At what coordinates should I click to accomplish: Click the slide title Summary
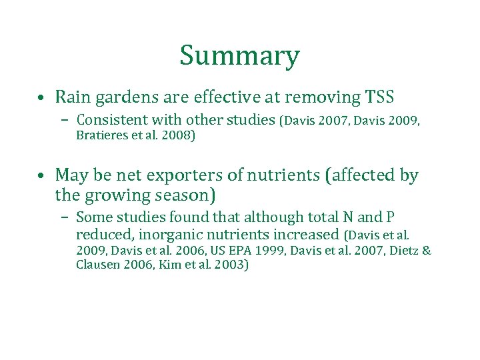239,56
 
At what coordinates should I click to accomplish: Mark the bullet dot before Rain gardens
41,99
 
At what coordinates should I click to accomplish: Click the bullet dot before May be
41,177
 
